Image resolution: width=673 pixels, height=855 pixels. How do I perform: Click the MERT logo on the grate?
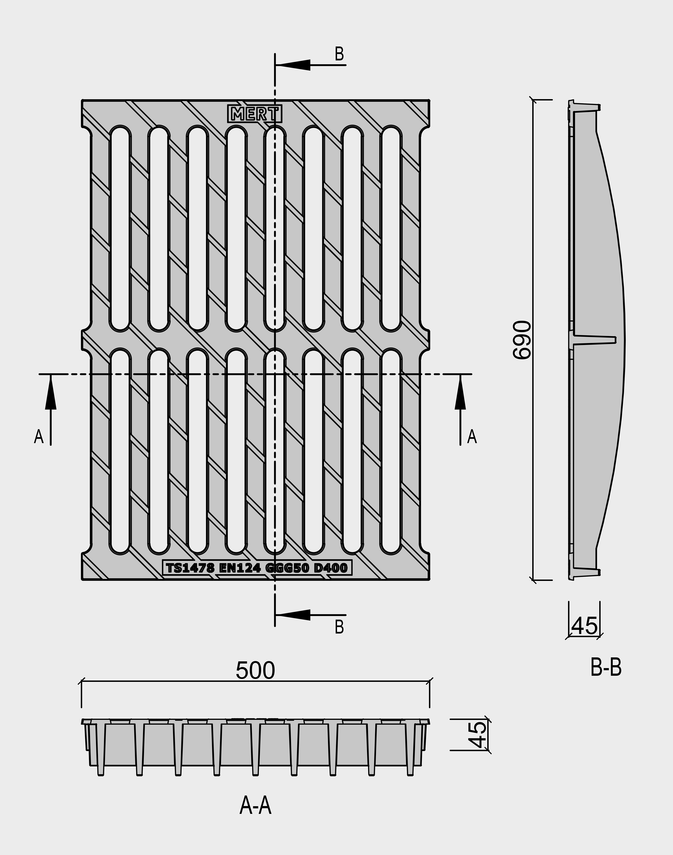coord(255,114)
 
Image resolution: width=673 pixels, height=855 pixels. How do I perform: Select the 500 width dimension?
coord(255,671)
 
